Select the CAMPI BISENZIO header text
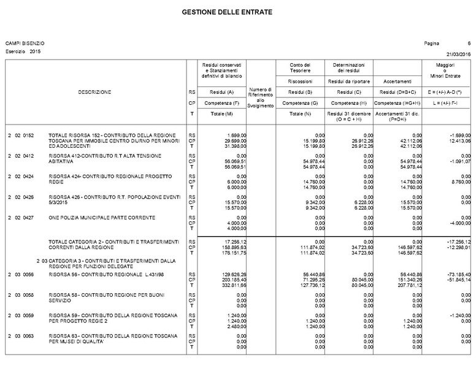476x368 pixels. (25, 43)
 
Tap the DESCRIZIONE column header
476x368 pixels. (94, 92)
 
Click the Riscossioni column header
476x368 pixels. (300, 81)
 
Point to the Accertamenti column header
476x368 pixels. (397, 81)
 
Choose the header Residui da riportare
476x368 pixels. (348, 81)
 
